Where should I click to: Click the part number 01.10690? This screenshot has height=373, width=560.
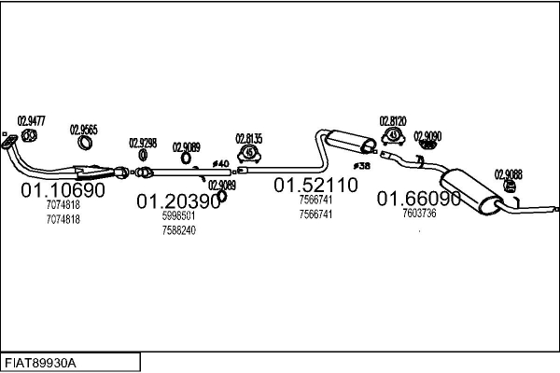click(63, 190)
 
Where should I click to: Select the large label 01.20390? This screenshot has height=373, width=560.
click(179, 200)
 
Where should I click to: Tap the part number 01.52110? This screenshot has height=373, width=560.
click(315, 186)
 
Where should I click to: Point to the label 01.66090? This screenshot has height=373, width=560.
click(419, 199)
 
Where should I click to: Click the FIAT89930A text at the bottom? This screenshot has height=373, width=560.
click(42, 362)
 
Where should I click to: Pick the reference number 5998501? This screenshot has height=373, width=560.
click(178, 215)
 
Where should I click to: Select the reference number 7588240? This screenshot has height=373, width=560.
click(178, 230)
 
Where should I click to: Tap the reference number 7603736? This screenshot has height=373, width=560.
click(419, 213)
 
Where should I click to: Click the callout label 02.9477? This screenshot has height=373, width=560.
click(32, 120)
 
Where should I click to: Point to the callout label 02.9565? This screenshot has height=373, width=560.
click(84, 130)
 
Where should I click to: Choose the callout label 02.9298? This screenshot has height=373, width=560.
click(143, 143)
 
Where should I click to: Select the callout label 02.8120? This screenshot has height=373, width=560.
click(393, 121)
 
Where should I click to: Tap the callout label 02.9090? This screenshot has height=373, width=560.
click(427, 135)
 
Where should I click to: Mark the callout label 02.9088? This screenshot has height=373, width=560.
click(509, 173)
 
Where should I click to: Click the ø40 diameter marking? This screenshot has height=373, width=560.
click(220, 164)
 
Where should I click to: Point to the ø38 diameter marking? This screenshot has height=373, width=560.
click(363, 166)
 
